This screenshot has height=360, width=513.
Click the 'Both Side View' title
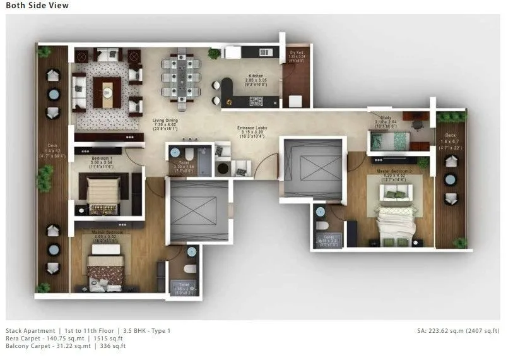pos(37,6)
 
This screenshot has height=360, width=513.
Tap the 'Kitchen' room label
pos(256,75)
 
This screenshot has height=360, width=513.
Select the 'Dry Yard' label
pos(297,52)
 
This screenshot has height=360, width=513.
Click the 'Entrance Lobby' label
pos(252,128)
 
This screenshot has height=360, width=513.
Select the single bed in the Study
pos(389,140)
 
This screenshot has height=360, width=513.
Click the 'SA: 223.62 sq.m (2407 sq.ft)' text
pos(459,330)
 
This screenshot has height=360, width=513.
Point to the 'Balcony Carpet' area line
pos(66,345)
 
